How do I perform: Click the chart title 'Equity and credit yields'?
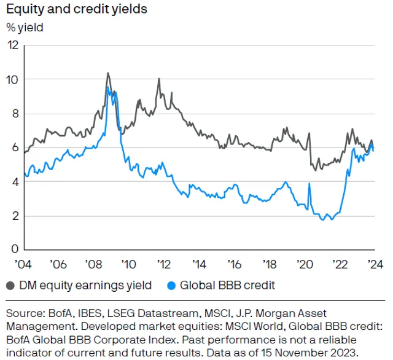(x=77, y=10)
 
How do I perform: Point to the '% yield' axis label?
(x=25, y=28)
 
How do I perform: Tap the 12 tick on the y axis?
(x=14, y=45)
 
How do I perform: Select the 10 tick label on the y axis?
(x=12, y=80)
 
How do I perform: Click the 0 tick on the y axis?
(x=15, y=249)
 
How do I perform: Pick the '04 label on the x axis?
(x=23, y=264)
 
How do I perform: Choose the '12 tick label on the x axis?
(x=164, y=264)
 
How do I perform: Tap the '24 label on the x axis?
(x=375, y=264)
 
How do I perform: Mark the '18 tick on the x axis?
(x=270, y=264)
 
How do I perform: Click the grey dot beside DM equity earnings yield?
(x=10, y=286)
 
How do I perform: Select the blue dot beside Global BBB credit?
(x=171, y=286)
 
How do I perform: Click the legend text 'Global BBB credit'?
(x=227, y=285)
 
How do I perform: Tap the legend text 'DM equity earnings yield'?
(x=85, y=285)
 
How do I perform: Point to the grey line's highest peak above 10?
(x=108, y=72)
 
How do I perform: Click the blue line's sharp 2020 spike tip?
(x=309, y=183)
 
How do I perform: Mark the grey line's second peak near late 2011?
(x=159, y=79)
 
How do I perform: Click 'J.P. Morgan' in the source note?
(x=275, y=314)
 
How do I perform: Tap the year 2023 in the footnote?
(x=343, y=353)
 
